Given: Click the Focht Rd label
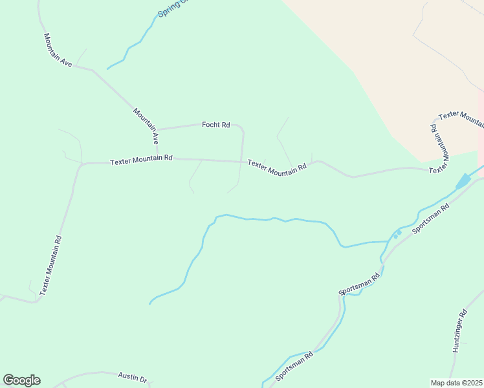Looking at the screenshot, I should point(216,124).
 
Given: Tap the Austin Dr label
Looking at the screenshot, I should point(133,376).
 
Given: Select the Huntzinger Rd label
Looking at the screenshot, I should point(460,330).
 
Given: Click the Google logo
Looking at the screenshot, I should point(21,380).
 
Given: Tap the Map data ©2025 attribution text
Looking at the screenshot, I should point(456,383).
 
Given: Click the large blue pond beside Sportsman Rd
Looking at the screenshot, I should point(464,181).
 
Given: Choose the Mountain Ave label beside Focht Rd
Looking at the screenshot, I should point(146,125).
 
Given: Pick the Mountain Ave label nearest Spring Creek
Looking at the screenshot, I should point(57,50).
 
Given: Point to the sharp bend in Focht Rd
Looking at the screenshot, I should point(242,128).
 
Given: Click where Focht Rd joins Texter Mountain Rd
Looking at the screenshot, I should point(242,162).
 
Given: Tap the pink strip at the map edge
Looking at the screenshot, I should point(481,129).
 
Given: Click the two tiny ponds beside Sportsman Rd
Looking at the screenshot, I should point(397,233).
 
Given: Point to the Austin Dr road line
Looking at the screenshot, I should point(97,373).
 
